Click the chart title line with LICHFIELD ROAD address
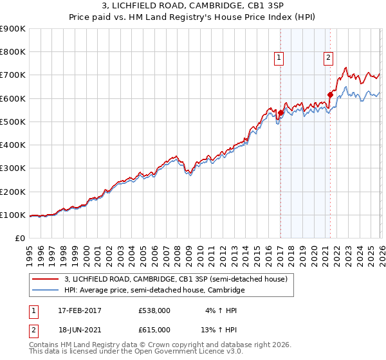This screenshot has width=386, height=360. click(x=193, y=6)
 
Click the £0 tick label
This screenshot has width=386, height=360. click(x=20, y=239)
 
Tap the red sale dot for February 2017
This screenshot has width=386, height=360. click(x=280, y=113)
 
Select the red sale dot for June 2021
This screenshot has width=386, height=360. click(x=330, y=94)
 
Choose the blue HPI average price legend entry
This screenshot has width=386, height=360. click(x=154, y=291)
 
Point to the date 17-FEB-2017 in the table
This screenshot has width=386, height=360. click(x=80, y=310)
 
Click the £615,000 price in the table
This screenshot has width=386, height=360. click(x=154, y=329)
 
